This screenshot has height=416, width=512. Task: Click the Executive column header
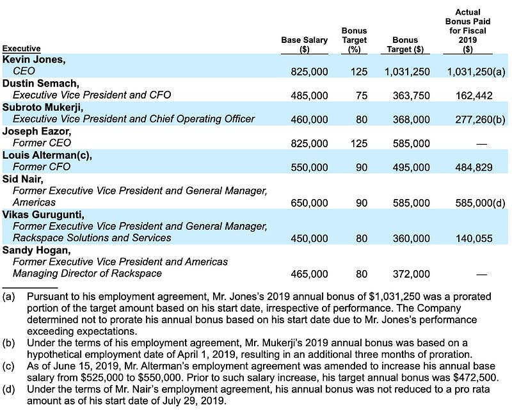tap(21, 49)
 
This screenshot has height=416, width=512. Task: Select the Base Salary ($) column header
tap(305, 44)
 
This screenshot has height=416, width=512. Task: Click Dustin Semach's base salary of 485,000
tap(309, 95)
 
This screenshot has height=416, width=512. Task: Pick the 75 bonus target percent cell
tap(362, 95)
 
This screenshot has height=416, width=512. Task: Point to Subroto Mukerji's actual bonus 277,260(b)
tap(480, 120)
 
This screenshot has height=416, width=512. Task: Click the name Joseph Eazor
tap(36, 131)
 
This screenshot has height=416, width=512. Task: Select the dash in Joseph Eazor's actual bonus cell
tap(482, 144)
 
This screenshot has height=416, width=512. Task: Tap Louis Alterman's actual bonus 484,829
tap(474, 168)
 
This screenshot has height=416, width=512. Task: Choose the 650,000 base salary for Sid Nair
tap(309, 203)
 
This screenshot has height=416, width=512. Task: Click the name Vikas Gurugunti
tap(43, 215)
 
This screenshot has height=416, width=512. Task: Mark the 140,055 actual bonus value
tap(474, 239)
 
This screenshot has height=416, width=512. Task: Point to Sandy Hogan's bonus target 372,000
tap(411, 275)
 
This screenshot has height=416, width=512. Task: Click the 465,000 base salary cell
tap(309, 275)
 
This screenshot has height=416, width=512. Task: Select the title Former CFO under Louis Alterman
tap(42, 167)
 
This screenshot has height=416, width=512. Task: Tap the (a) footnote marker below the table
tap(8, 297)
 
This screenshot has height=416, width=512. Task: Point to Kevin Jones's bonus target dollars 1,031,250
tap(407, 72)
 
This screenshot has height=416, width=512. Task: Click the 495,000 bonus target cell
tap(411, 168)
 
